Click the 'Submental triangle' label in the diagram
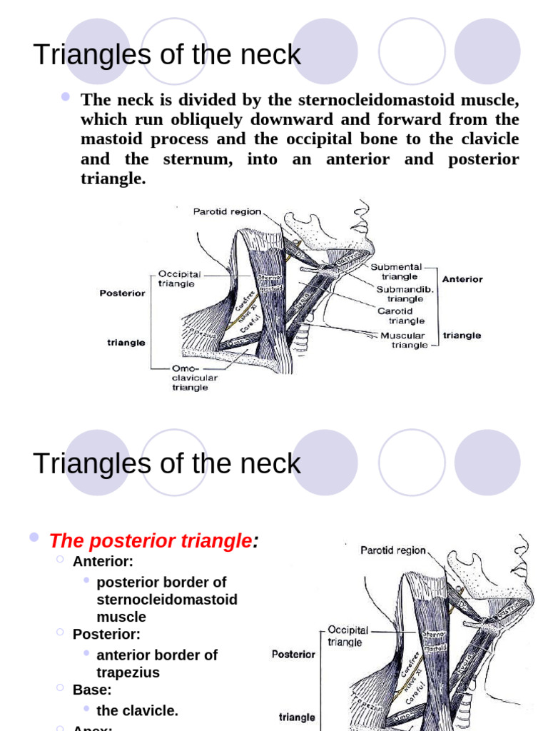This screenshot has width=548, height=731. coord(396,272)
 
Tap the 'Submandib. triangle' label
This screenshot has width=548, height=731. coord(404,294)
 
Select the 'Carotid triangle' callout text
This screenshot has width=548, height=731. coord(400,316)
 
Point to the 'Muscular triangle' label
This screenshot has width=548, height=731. coord(405,340)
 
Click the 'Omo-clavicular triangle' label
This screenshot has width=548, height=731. coord(193,378)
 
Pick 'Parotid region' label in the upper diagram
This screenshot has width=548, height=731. coord(227,211)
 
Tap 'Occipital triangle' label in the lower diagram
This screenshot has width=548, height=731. coord(347,636)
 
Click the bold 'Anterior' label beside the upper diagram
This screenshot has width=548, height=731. coord(462,279)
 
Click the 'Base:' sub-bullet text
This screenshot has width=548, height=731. coord(92,690)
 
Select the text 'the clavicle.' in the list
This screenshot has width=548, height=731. coord(137,710)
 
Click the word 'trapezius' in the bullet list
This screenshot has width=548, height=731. coord(128,672)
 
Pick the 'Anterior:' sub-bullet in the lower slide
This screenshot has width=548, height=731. coord(103,561)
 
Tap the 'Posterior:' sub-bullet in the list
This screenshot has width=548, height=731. coord(106,634)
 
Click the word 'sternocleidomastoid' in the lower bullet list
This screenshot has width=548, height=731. coord(167,600)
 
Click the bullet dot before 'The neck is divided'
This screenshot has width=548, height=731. coord(66,96)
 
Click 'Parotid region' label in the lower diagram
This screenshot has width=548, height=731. coord(393,550)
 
